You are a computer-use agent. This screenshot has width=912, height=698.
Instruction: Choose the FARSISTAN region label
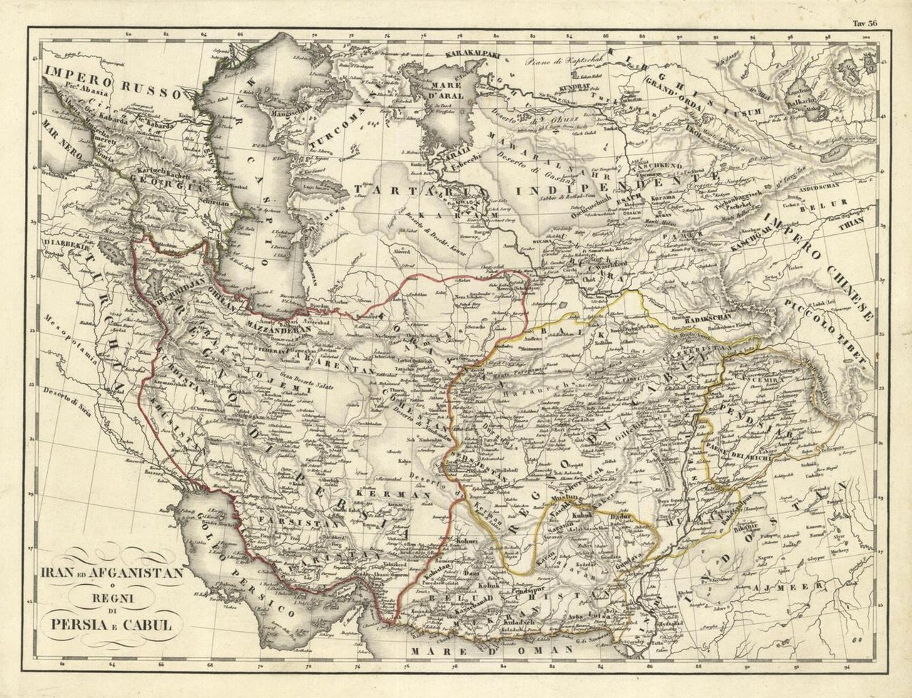(x=293, y=522)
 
